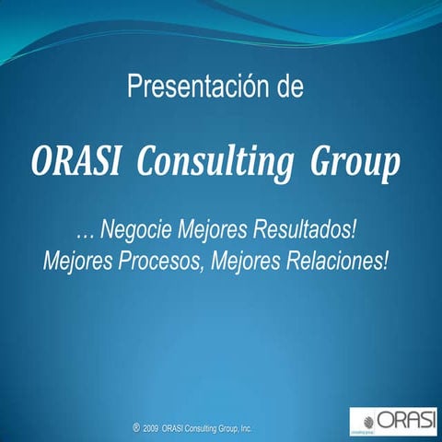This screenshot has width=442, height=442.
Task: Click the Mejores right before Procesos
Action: click(77, 260)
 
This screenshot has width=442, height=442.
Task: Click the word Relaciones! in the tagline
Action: click(335, 260)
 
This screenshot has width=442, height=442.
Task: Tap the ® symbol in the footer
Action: click(135, 427)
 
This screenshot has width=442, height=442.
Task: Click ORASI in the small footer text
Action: click(171, 428)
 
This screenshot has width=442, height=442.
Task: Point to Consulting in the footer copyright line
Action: click(201, 428)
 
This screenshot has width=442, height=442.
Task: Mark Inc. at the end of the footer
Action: click(246, 428)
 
